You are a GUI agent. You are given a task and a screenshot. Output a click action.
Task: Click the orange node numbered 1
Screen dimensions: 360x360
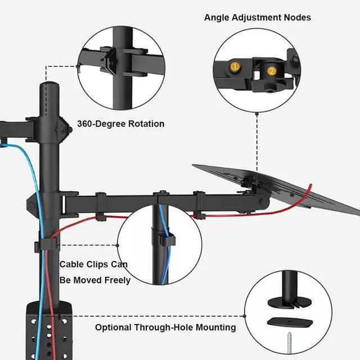coord(235,67)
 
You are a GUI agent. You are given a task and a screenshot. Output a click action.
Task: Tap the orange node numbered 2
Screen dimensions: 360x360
coord(272,71)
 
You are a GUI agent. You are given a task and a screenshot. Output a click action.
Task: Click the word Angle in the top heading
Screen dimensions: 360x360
coord(217,17)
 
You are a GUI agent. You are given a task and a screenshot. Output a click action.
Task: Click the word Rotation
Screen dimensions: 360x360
coord(146,124)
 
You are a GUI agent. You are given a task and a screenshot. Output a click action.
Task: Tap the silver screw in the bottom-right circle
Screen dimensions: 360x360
coord(292,342)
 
